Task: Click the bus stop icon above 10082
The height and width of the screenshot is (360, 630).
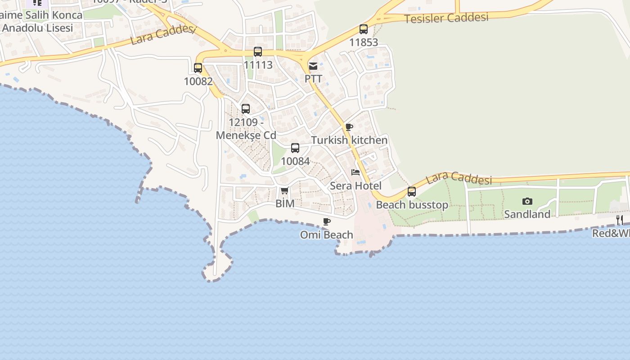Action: point(198,68)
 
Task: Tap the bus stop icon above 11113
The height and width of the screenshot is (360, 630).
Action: point(258,52)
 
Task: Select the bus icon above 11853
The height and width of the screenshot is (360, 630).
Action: point(364,29)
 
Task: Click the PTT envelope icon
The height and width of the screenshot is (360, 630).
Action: point(313,66)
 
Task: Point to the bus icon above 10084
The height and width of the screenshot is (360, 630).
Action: point(295,148)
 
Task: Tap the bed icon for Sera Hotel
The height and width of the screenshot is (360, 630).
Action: point(355,172)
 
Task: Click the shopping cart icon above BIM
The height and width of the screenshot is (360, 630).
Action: point(284,191)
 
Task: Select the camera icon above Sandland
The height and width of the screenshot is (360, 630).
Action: point(527,201)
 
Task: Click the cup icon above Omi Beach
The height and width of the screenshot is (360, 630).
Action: point(327,222)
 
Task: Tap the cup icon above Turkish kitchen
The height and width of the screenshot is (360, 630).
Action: point(349,127)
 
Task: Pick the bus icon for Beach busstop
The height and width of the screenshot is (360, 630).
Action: point(412,192)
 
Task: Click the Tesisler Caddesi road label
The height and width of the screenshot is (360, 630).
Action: point(446,18)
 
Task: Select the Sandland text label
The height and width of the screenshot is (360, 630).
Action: point(527,214)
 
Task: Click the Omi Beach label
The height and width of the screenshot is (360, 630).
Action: point(327,234)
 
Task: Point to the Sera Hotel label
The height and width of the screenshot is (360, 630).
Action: point(355,185)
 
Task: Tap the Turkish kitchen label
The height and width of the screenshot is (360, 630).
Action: point(349,140)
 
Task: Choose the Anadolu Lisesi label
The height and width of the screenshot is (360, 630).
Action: point(37,27)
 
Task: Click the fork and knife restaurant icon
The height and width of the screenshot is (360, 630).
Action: point(620,220)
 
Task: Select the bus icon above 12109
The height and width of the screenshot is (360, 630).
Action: point(246,109)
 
